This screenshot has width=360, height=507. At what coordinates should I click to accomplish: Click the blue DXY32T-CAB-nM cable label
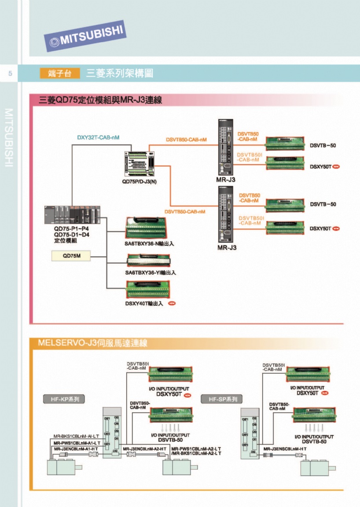tap(98, 137)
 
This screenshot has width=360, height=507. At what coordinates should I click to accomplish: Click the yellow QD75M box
tap(71, 256)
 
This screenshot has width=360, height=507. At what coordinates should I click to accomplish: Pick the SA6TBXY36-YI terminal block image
tap(148, 260)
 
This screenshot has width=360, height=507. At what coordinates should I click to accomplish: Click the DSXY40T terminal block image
tap(148, 290)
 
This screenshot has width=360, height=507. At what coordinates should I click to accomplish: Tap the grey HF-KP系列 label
tap(64, 399)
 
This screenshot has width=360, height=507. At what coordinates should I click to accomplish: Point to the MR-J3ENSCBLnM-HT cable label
tap(285, 448)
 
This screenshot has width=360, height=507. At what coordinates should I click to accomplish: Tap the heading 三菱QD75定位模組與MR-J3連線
tap(101, 100)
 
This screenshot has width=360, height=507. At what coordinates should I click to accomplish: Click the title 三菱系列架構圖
tap(120, 73)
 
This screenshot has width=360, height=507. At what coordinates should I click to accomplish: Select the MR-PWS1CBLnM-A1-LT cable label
tap(77, 442)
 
